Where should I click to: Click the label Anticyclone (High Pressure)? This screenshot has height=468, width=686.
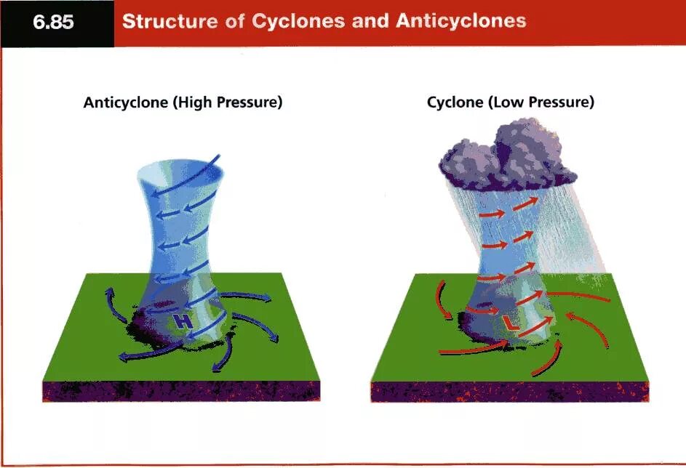pyautogui.click(x=183, y=102)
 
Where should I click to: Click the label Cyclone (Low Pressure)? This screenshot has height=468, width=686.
pyautogui.click(x=511, y=102)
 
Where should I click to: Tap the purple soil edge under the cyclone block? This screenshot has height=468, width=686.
pyautogui.click(x=509, y=391)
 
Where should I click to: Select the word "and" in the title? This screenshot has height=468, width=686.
pyautogui.click(x=369, y=21)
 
